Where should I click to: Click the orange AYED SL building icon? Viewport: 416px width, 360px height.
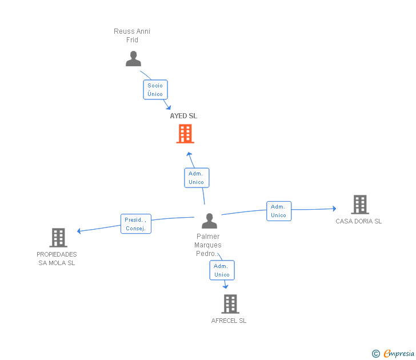point(185,134)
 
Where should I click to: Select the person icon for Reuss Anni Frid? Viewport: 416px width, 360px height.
point(134,59)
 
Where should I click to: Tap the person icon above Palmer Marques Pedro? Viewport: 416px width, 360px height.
point(209,221)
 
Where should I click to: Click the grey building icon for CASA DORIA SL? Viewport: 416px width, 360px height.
point(360,205)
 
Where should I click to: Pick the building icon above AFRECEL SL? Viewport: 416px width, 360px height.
point(230,304)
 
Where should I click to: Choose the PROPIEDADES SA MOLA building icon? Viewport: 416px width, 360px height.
point(58,238)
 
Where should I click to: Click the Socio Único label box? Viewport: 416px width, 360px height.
point(155,90)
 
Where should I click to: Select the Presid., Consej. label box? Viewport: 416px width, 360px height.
point(136,224)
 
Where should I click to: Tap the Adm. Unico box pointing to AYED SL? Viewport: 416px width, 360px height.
point(197,178)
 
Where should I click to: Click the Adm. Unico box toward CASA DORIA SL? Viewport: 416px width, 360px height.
point(279,211)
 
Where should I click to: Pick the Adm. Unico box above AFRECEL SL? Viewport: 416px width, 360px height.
point(222,270)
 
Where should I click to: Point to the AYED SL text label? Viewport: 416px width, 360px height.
point(183,116)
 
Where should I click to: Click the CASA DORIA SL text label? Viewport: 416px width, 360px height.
point(359,221)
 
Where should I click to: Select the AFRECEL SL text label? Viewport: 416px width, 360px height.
point(229,321)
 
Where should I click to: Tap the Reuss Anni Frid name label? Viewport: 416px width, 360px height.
point(132,35)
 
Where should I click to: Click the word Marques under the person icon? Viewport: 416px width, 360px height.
point(208,245)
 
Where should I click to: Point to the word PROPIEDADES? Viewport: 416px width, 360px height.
point(57,254)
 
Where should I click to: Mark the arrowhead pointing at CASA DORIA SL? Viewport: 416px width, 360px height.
point(334,209)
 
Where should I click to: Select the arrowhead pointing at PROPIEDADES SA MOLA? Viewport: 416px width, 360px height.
point(79,231)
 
